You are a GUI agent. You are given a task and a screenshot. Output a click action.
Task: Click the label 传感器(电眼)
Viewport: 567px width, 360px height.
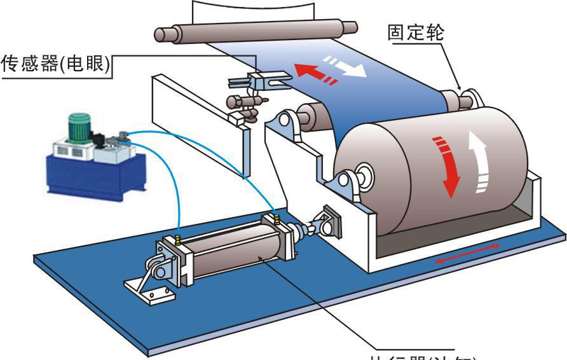coord(56,64)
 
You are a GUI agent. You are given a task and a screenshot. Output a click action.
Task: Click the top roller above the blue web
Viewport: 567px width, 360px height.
coord(254,31)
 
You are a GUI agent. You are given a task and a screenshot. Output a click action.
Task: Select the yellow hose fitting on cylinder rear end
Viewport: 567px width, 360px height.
coord(178,240)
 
